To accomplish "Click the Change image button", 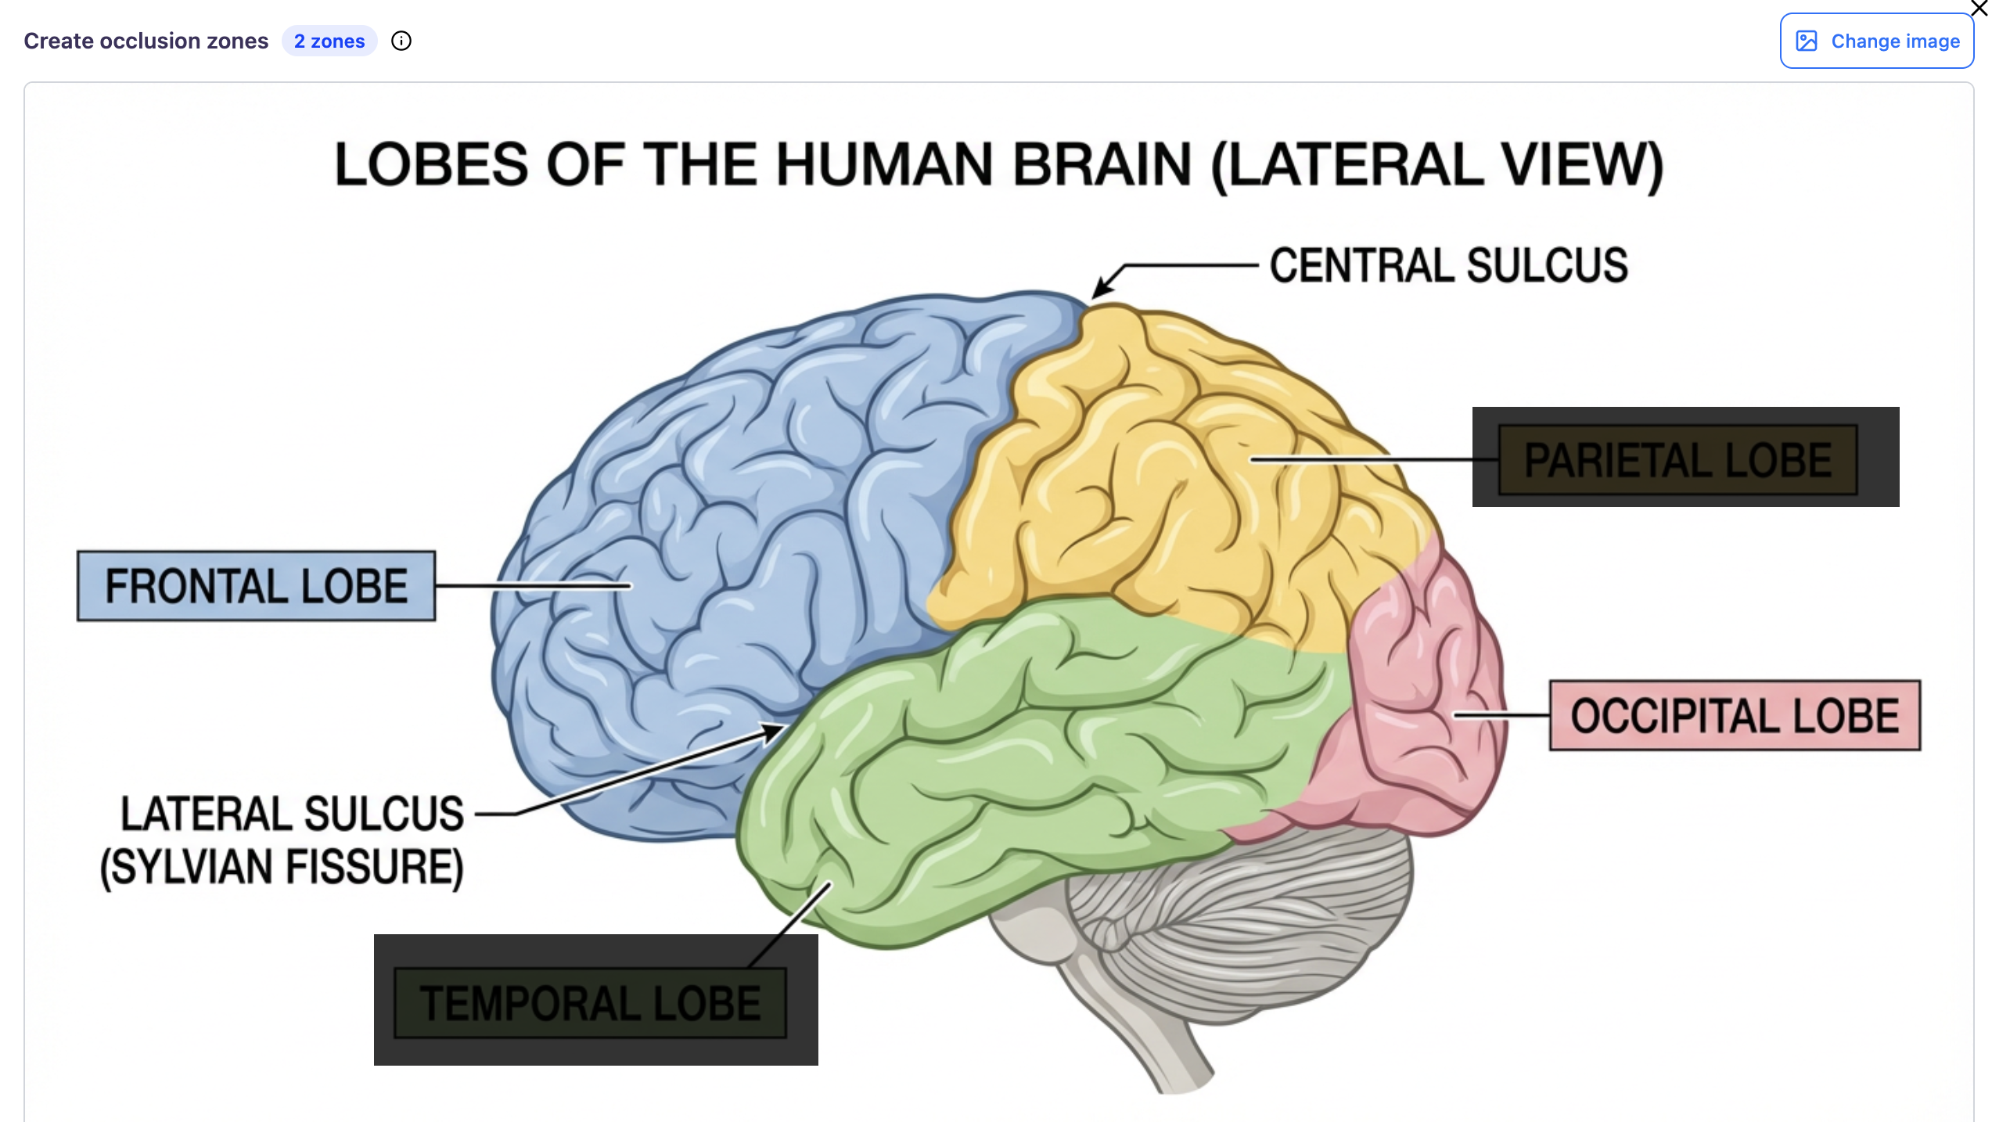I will click(1876, 41).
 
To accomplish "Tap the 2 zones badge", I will click(329, 41).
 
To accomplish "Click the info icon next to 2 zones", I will click(401, 41).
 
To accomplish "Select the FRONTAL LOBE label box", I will click(256, 586).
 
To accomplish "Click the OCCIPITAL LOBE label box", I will click(1735, 716).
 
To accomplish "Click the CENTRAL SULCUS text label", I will click(1448, 265).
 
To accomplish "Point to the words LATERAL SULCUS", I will click(292, 814).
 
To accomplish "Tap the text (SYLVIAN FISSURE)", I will click(282, 867).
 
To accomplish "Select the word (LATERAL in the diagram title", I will click(1347, 165).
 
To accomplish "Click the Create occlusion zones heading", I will click(146, 41).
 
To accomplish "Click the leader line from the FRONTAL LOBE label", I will click(532, 585).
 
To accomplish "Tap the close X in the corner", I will click(1979, 8).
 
